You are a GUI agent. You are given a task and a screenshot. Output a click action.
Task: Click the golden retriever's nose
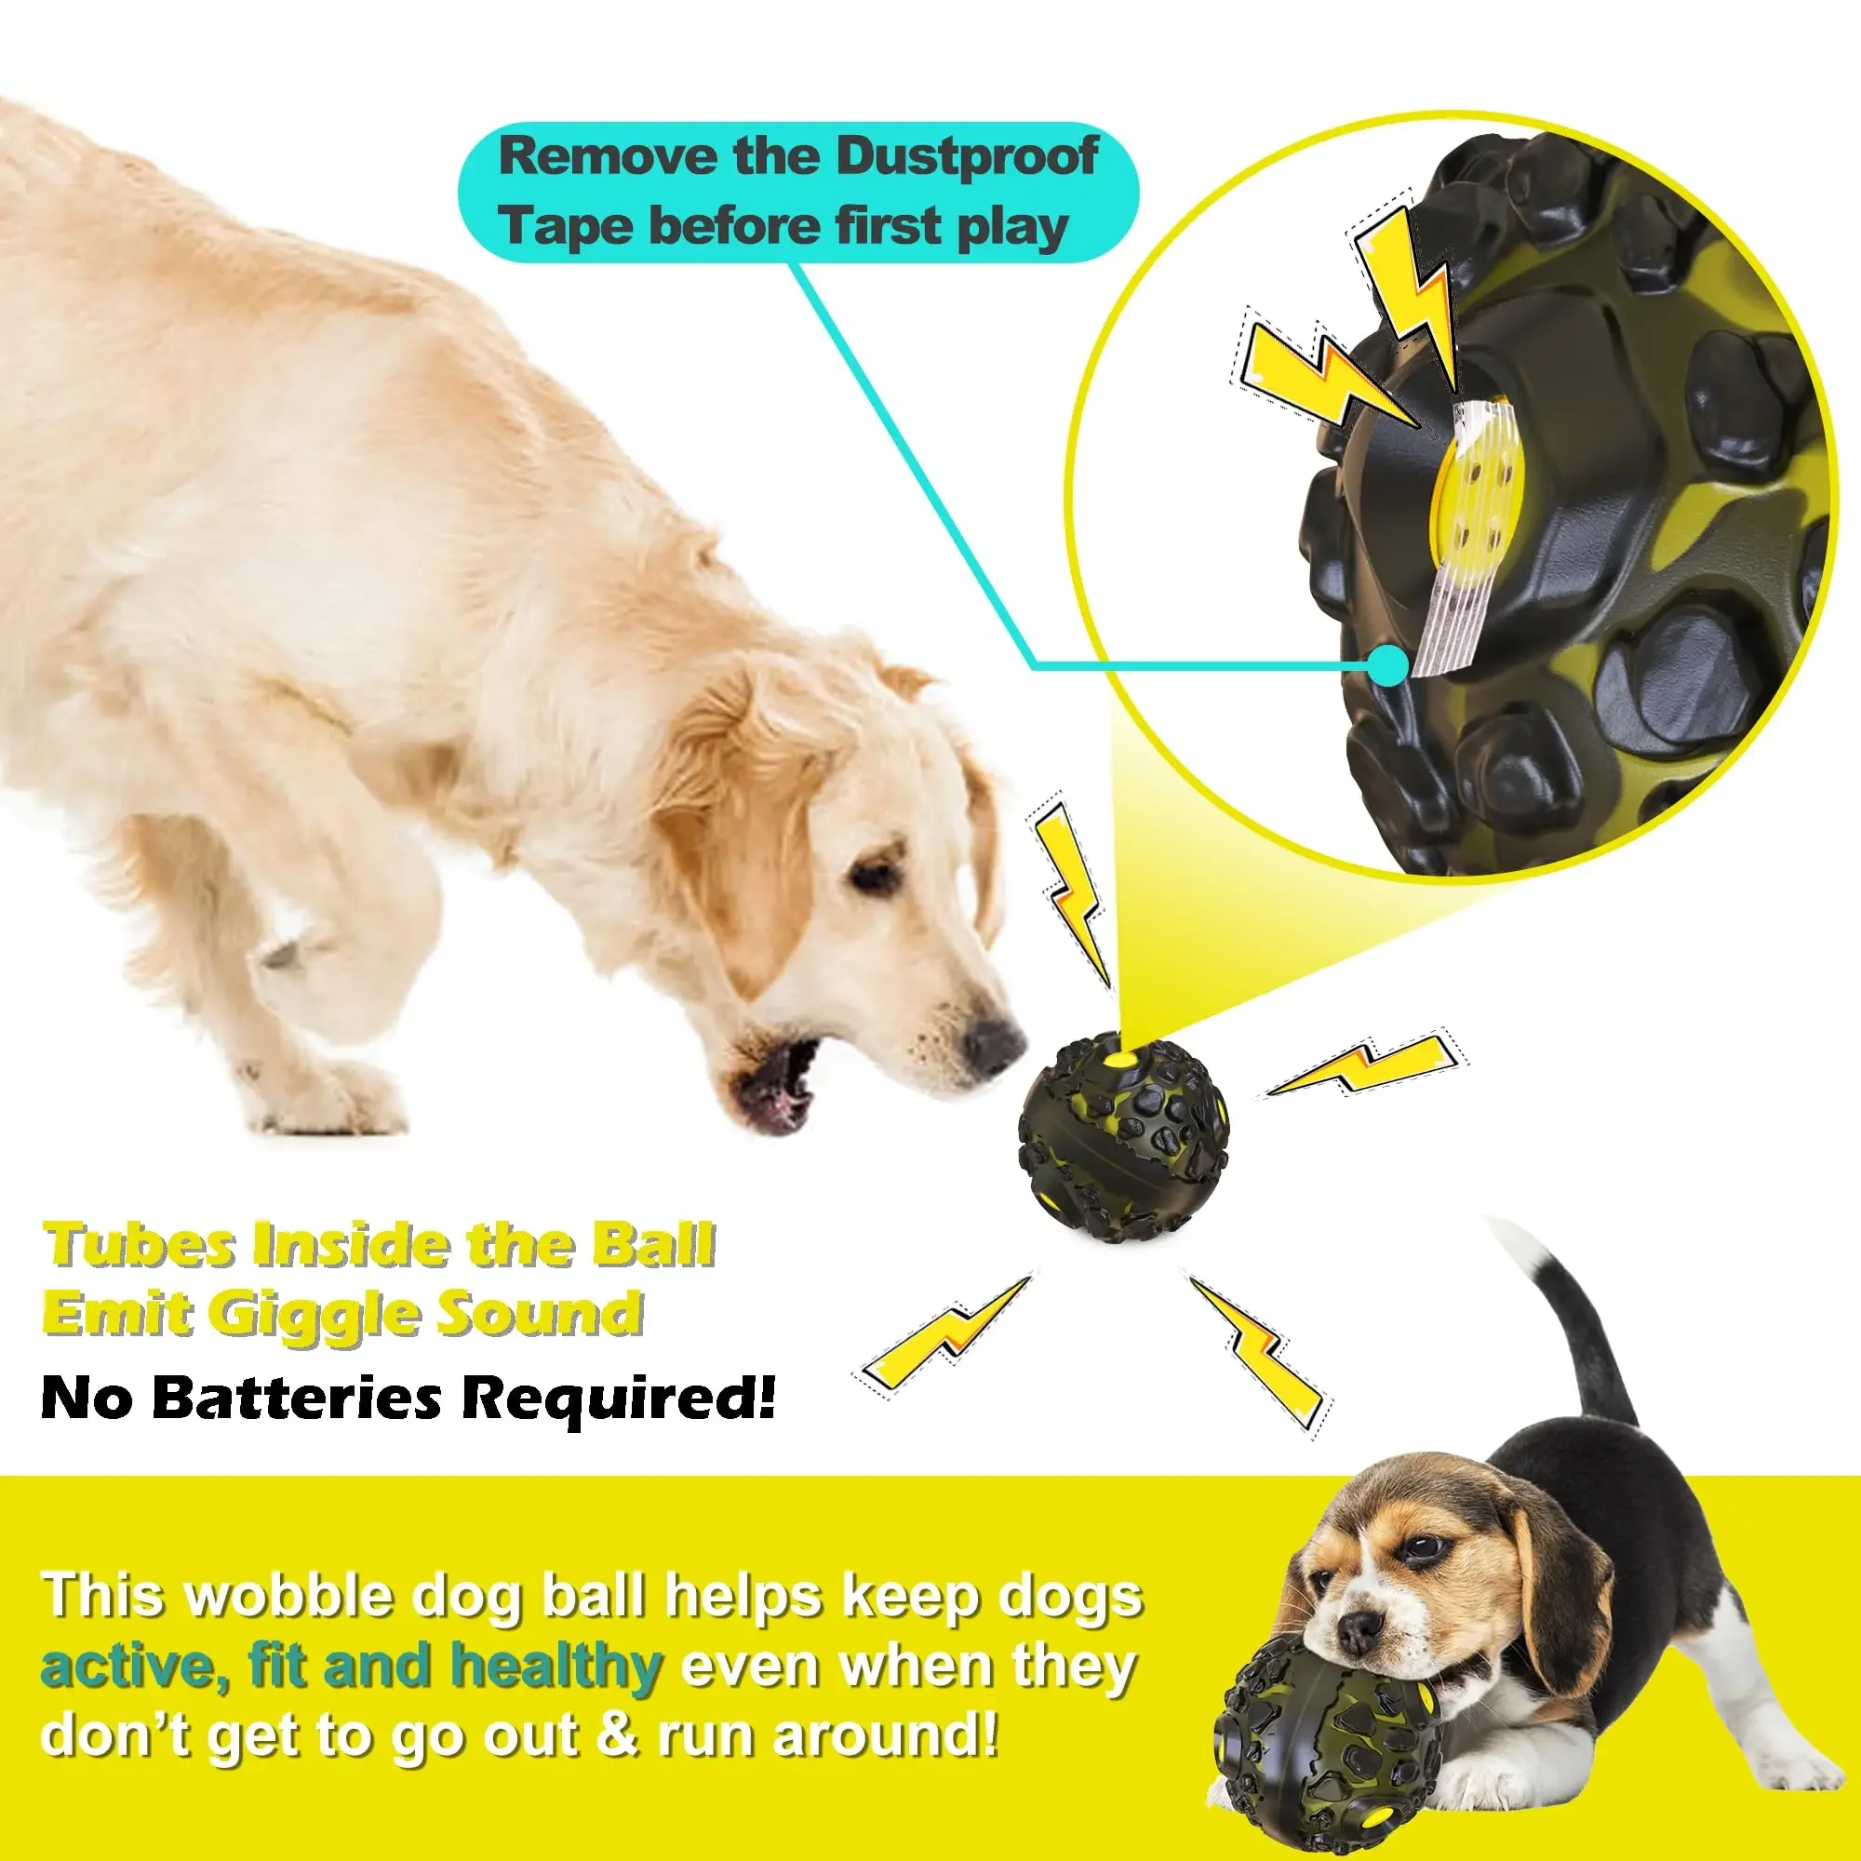[x=992, y=1042]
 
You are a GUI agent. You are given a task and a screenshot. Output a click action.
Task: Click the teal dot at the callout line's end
[x=1388, y=664]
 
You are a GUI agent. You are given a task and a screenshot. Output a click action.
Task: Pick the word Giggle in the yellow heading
[x=314, y=1315]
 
